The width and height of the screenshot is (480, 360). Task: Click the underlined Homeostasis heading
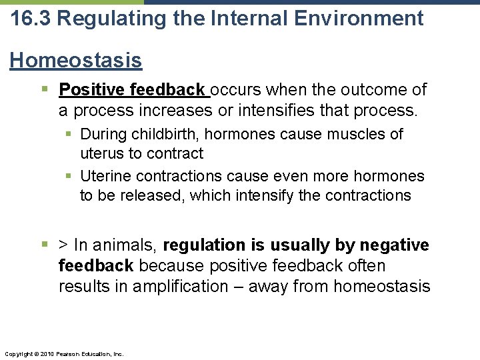76,61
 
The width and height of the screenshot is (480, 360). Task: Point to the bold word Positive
92,90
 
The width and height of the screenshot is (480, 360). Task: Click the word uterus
101,153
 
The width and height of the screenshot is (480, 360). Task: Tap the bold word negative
394,246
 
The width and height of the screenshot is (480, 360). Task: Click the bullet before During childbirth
70,135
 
